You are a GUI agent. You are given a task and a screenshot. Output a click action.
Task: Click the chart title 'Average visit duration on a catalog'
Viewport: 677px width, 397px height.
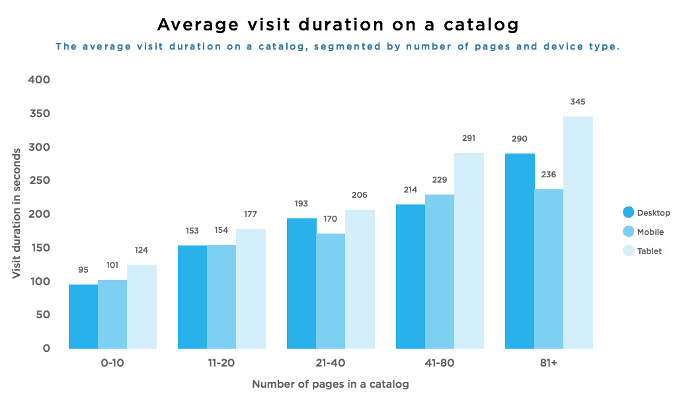337,25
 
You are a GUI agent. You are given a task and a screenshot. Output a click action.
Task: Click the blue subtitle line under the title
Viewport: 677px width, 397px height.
337,47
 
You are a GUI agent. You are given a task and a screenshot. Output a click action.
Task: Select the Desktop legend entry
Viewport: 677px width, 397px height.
645,213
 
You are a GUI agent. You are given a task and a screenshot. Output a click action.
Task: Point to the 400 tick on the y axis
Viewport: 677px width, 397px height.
40,80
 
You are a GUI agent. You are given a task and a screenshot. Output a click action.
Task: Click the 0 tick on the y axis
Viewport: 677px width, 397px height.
46,349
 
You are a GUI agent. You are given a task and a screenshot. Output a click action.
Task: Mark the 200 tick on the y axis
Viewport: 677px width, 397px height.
40,214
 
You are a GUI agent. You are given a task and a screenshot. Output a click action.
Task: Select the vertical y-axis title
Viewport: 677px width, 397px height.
16,212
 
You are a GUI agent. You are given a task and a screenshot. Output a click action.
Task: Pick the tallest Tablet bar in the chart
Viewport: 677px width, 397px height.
578,232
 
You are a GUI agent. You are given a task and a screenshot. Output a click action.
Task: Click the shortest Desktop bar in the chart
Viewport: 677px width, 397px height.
83,316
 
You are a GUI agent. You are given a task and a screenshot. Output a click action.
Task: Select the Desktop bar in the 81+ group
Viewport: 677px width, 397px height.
520,251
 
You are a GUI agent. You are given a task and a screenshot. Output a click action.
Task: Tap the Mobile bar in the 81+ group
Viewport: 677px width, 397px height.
549,269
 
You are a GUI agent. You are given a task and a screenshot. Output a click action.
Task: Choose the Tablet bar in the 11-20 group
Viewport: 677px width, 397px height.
251,288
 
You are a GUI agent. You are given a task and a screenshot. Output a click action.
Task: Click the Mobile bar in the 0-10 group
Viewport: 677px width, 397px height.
112,314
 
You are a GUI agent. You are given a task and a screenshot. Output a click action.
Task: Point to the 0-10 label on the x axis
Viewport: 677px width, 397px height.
112,363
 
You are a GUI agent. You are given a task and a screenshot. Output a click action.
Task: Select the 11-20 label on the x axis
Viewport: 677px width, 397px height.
221,363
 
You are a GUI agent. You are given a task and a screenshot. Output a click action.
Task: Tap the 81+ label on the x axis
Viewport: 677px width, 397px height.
549,363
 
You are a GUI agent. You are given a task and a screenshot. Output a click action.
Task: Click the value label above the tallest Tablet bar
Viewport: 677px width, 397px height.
578,103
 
